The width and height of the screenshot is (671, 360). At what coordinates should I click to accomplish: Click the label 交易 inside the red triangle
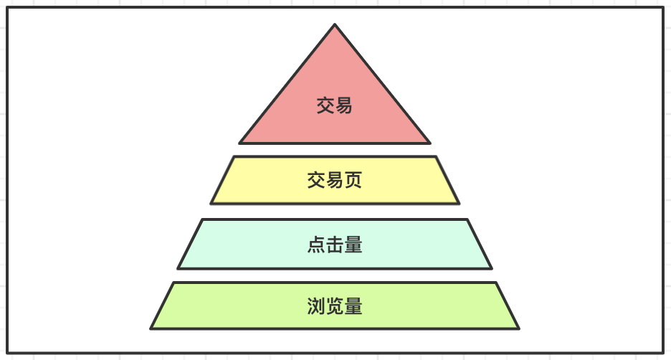tap(335, 106)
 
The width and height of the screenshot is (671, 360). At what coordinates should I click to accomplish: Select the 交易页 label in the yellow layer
tap(335, 180)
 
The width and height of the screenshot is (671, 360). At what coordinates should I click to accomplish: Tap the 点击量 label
tap(335, 245)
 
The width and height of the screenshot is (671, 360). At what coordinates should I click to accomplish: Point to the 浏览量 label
tap(335, 307)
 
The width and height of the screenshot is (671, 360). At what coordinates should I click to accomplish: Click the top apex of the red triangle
tap(335, 25)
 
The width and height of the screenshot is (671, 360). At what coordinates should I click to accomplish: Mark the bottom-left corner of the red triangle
tap(239, 143)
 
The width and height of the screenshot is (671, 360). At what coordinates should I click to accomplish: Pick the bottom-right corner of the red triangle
tap(430, 143)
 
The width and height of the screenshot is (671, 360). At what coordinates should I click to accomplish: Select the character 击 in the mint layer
tap(335, 245)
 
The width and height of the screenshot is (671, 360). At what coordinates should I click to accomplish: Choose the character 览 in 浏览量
tap(335, 307)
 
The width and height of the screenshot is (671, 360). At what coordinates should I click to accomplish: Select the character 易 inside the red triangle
tap(344, 106)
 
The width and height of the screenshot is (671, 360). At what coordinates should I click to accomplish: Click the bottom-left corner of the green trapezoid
tap(151, 328)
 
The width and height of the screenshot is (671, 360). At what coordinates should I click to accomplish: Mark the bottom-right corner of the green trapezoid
tap(518, 328)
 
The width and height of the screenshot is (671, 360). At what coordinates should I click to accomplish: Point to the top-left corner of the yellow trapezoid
tap(234, 157)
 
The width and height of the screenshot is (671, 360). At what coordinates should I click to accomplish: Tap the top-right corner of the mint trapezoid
tap(467, 220)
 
